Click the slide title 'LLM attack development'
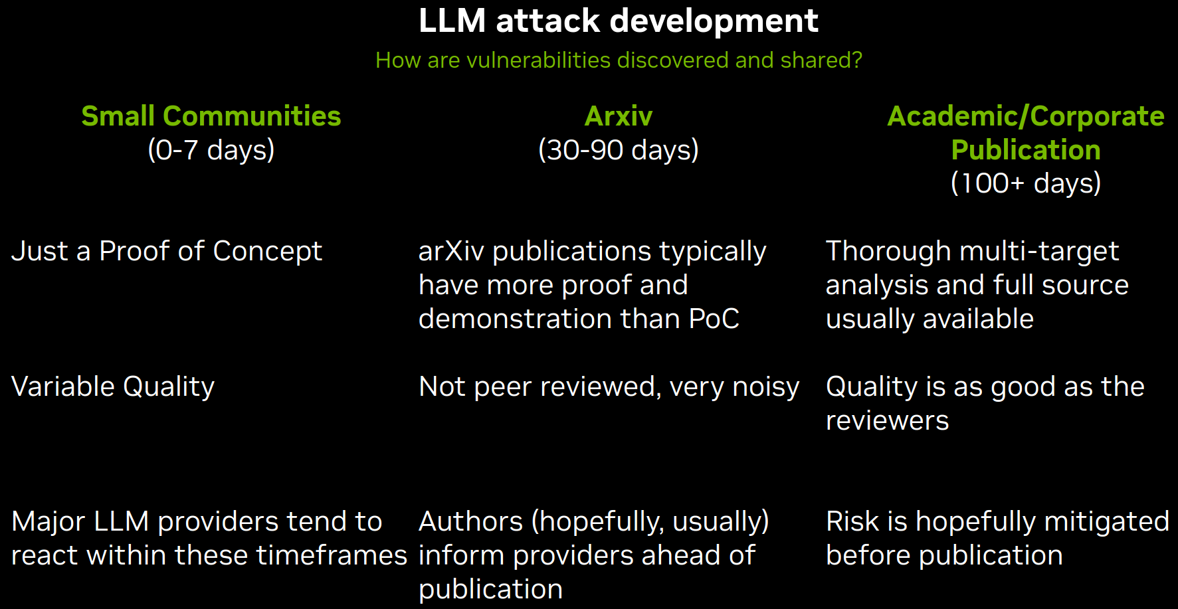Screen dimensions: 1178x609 [618, 21]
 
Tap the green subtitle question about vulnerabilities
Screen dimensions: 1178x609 [619, 60]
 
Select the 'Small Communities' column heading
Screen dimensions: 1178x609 [211, 116]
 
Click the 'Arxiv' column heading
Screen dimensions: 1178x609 [619, 116]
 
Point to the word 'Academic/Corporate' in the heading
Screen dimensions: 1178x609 [1026, 117]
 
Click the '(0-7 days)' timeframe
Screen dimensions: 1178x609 [211, 150]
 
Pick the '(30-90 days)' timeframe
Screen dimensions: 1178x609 [619, 150]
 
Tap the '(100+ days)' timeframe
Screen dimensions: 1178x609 [1026, 184]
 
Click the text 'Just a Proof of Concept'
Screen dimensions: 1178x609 [167, 252]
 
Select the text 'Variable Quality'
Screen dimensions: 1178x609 [113, 387]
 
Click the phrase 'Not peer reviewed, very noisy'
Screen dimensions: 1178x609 [609, 387]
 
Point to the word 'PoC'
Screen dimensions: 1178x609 [714, 319]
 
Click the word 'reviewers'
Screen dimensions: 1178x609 [888, 421]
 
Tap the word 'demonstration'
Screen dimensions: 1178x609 [516, 319]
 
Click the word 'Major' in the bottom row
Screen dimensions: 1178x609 [49, 523]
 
